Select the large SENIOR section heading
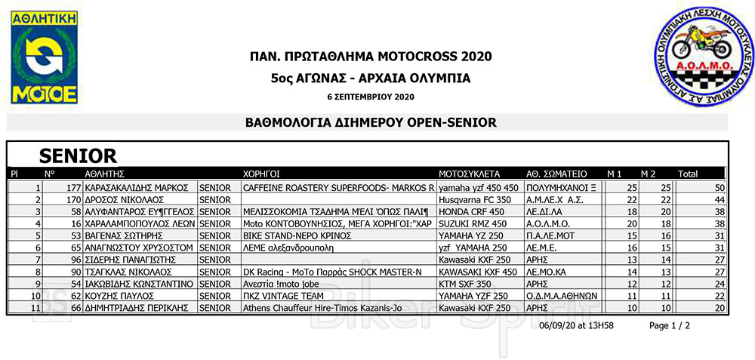pyautogui.click(x=78, y=156)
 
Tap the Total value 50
pyautogui.click(x=719, y=187)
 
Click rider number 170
pyautogui.click(x=73, y=200)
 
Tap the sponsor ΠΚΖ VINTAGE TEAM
pyautogui.click(x=279, y=296)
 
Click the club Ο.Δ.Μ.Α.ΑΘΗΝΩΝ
pyautogui.click(x=562, y=296)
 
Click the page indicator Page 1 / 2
pyautogui.click(x=670, y=325)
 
